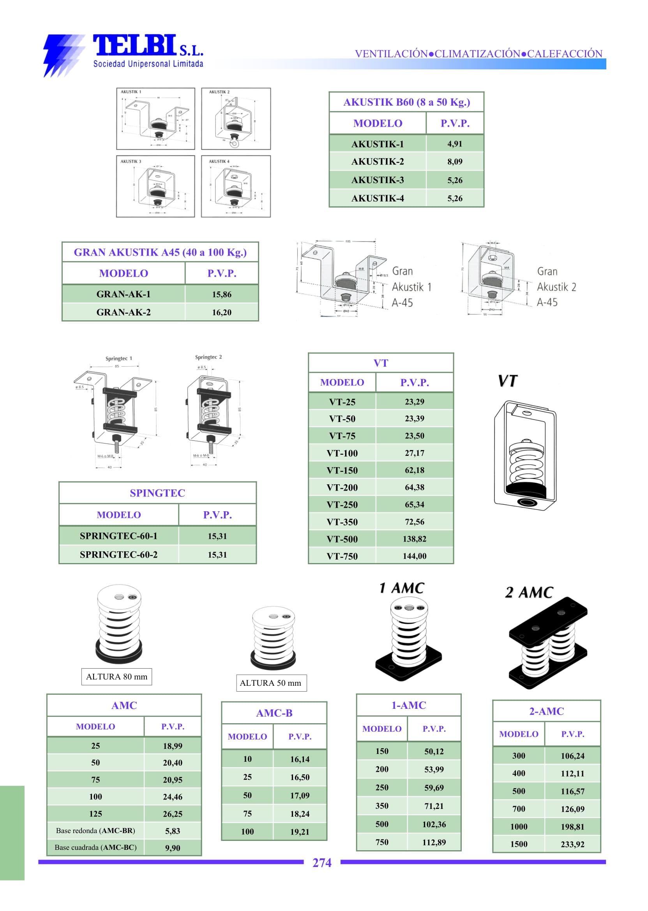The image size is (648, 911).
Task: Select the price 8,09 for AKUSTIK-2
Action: point(454,162)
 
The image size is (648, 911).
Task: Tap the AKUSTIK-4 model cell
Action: point(377,198)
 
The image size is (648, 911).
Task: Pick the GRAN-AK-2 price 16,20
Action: point(221,312)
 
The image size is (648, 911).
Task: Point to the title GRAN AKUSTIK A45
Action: point(160,252)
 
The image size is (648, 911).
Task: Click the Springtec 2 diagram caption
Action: point(208,357)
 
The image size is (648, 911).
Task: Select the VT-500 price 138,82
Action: point(414,539)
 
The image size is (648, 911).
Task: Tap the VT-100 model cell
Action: point(342,453)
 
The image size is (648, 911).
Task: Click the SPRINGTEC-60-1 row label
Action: point(118,536)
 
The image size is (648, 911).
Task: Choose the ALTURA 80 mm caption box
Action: point(117,677)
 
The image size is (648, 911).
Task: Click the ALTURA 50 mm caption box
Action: point(270,683)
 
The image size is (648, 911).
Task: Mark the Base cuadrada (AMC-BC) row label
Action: point(95,847)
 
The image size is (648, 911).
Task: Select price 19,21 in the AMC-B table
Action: point(300,832)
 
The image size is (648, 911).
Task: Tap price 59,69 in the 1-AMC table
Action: point(434,788)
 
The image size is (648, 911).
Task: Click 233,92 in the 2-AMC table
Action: point(572,844)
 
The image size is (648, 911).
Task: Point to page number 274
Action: point(321,863)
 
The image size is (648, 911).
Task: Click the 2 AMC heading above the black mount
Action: point(529,593)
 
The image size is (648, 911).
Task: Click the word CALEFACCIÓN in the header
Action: point(564,54)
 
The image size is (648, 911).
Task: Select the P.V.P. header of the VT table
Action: point(414,383)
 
